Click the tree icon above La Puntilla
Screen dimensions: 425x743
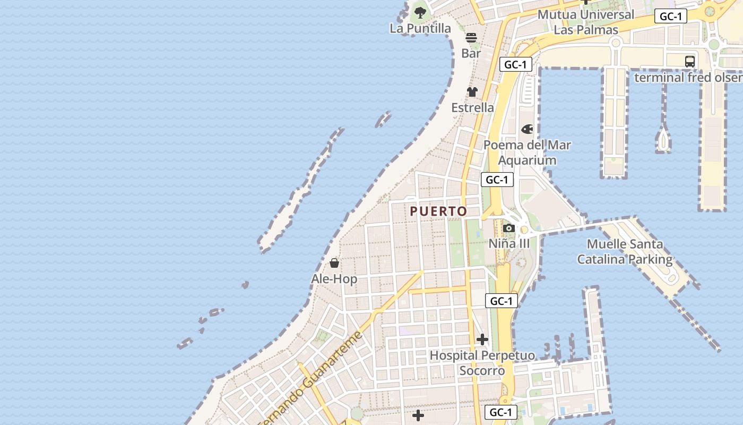point(420,12)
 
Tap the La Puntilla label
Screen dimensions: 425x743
point(420,29)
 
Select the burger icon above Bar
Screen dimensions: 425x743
point(471,38)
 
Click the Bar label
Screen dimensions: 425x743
point(471,53)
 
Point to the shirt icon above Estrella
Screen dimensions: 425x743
point(472,91)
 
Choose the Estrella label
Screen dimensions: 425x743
point(472,107)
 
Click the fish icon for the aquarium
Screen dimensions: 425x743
point(527,129)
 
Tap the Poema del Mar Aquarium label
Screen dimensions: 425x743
point(527,152)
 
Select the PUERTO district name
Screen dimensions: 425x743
point(438,211)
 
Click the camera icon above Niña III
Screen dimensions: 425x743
point(509,228)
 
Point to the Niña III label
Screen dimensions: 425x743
point(509,243)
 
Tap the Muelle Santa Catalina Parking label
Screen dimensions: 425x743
point(625,252)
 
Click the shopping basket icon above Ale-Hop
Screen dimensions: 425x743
point(334,263)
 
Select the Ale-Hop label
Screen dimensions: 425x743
point(334,279)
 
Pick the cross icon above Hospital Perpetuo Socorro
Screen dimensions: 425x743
point(482,339)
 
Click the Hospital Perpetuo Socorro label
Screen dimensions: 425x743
point(482,362)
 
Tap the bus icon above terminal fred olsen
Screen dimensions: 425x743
point(690,61)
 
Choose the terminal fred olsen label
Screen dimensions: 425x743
point(688,78)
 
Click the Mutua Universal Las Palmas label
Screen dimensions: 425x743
point(586,22)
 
